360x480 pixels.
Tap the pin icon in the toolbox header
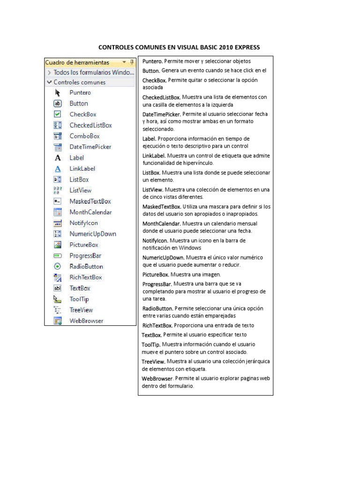click(132, 62)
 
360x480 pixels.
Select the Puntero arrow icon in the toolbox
click(58, 93)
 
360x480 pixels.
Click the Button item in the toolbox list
click(78, 104)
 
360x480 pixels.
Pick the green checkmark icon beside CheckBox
click(57, 114)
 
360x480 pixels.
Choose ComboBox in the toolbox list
click(84, 136)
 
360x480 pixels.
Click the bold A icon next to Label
click(58, 158)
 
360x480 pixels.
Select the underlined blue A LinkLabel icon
click(58, 169)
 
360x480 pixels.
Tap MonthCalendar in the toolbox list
click(90, 212)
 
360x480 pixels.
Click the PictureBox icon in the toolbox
click(58, 245)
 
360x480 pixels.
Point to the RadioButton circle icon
click(58, 266)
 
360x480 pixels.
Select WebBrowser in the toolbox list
click(86, 321)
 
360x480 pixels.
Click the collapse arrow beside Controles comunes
click(49, 82)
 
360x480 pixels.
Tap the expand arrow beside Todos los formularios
click(49, 73)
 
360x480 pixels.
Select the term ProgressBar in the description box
click(157, 284)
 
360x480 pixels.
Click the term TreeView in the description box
click(153, 362)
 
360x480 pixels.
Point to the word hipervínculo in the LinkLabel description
click(197, 163)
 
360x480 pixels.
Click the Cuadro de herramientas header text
click(77, 62)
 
